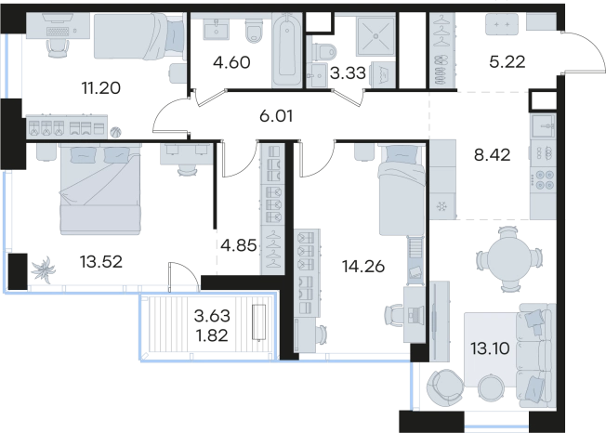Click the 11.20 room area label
point(101,88)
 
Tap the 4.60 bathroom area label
point(231,62)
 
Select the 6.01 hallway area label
point(276,115)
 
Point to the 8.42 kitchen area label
point(492,155)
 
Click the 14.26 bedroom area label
point(363,266)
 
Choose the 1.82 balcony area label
point(212,335)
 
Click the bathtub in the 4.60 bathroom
point(286,49)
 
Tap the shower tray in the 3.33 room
point(375,36)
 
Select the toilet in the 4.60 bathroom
point(254,30)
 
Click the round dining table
point(507,259)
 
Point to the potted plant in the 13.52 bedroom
point(44,269)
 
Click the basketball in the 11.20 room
point(115,133)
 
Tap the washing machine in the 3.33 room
point(383,73)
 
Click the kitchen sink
point(544,126)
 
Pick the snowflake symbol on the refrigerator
point(441,207)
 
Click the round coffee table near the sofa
point(492,387)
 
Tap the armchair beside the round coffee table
point(445,387)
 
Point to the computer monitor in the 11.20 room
point(58,18)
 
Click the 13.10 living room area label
point(490,348)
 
